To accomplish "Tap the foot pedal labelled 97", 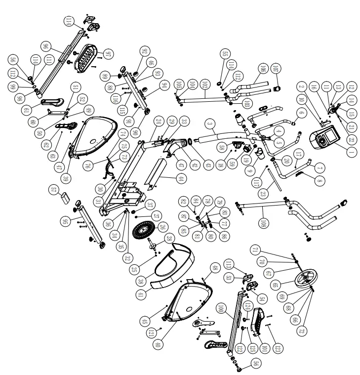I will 88,54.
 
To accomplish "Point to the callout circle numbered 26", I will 163,227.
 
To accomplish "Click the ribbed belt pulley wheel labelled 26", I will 147,230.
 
